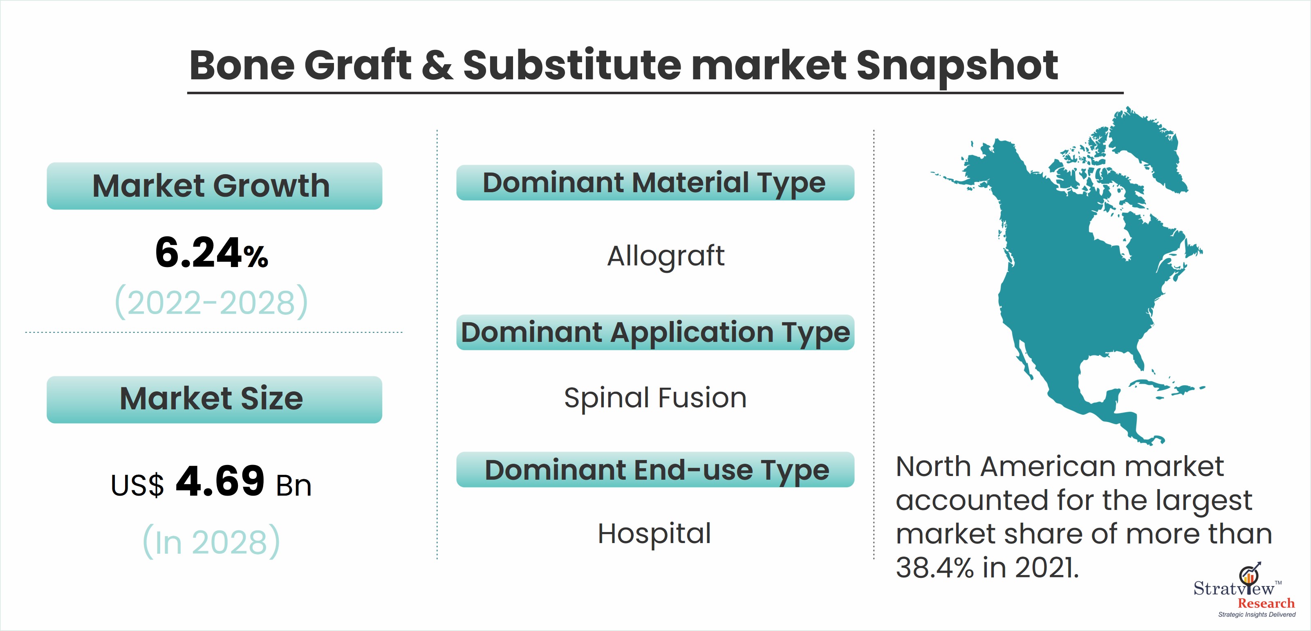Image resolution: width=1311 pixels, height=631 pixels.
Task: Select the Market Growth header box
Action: [x=214, y=186]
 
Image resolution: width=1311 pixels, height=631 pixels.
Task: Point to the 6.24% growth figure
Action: [x=211, y=253]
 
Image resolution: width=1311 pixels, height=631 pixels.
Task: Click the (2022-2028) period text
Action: [x=211, y=301]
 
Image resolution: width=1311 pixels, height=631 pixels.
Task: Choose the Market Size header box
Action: [x=214, y=399]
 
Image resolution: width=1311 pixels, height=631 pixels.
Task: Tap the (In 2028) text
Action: [x=211, y=541]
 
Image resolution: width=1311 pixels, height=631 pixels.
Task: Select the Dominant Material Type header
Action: [x=655, y=182]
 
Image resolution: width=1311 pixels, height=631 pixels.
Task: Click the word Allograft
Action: [x=666, y=256]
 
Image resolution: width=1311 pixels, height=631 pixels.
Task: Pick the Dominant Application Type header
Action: [x=655, y=332]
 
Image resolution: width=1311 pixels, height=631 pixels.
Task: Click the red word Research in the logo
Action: [x=1266, y=604]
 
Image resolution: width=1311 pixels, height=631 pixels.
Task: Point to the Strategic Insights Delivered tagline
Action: [x=1257, y=615]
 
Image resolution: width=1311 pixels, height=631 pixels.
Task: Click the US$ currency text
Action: [x=137, y=485]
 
